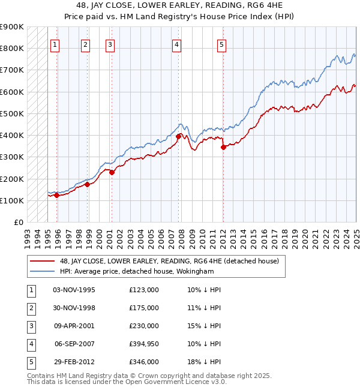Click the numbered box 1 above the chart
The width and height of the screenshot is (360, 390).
coord(55,44)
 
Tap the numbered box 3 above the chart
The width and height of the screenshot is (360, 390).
coord(110,44)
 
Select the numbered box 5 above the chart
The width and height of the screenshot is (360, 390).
coord(222,44)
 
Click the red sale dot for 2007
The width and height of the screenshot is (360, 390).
coord(178,136)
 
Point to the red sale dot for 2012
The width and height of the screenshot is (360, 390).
coord(223,147)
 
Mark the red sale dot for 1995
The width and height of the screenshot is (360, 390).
coord(56,195)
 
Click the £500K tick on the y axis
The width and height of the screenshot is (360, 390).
coord(11,113)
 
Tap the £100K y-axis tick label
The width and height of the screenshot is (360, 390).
coord(11,200)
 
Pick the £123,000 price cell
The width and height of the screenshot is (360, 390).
coord(144,289)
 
